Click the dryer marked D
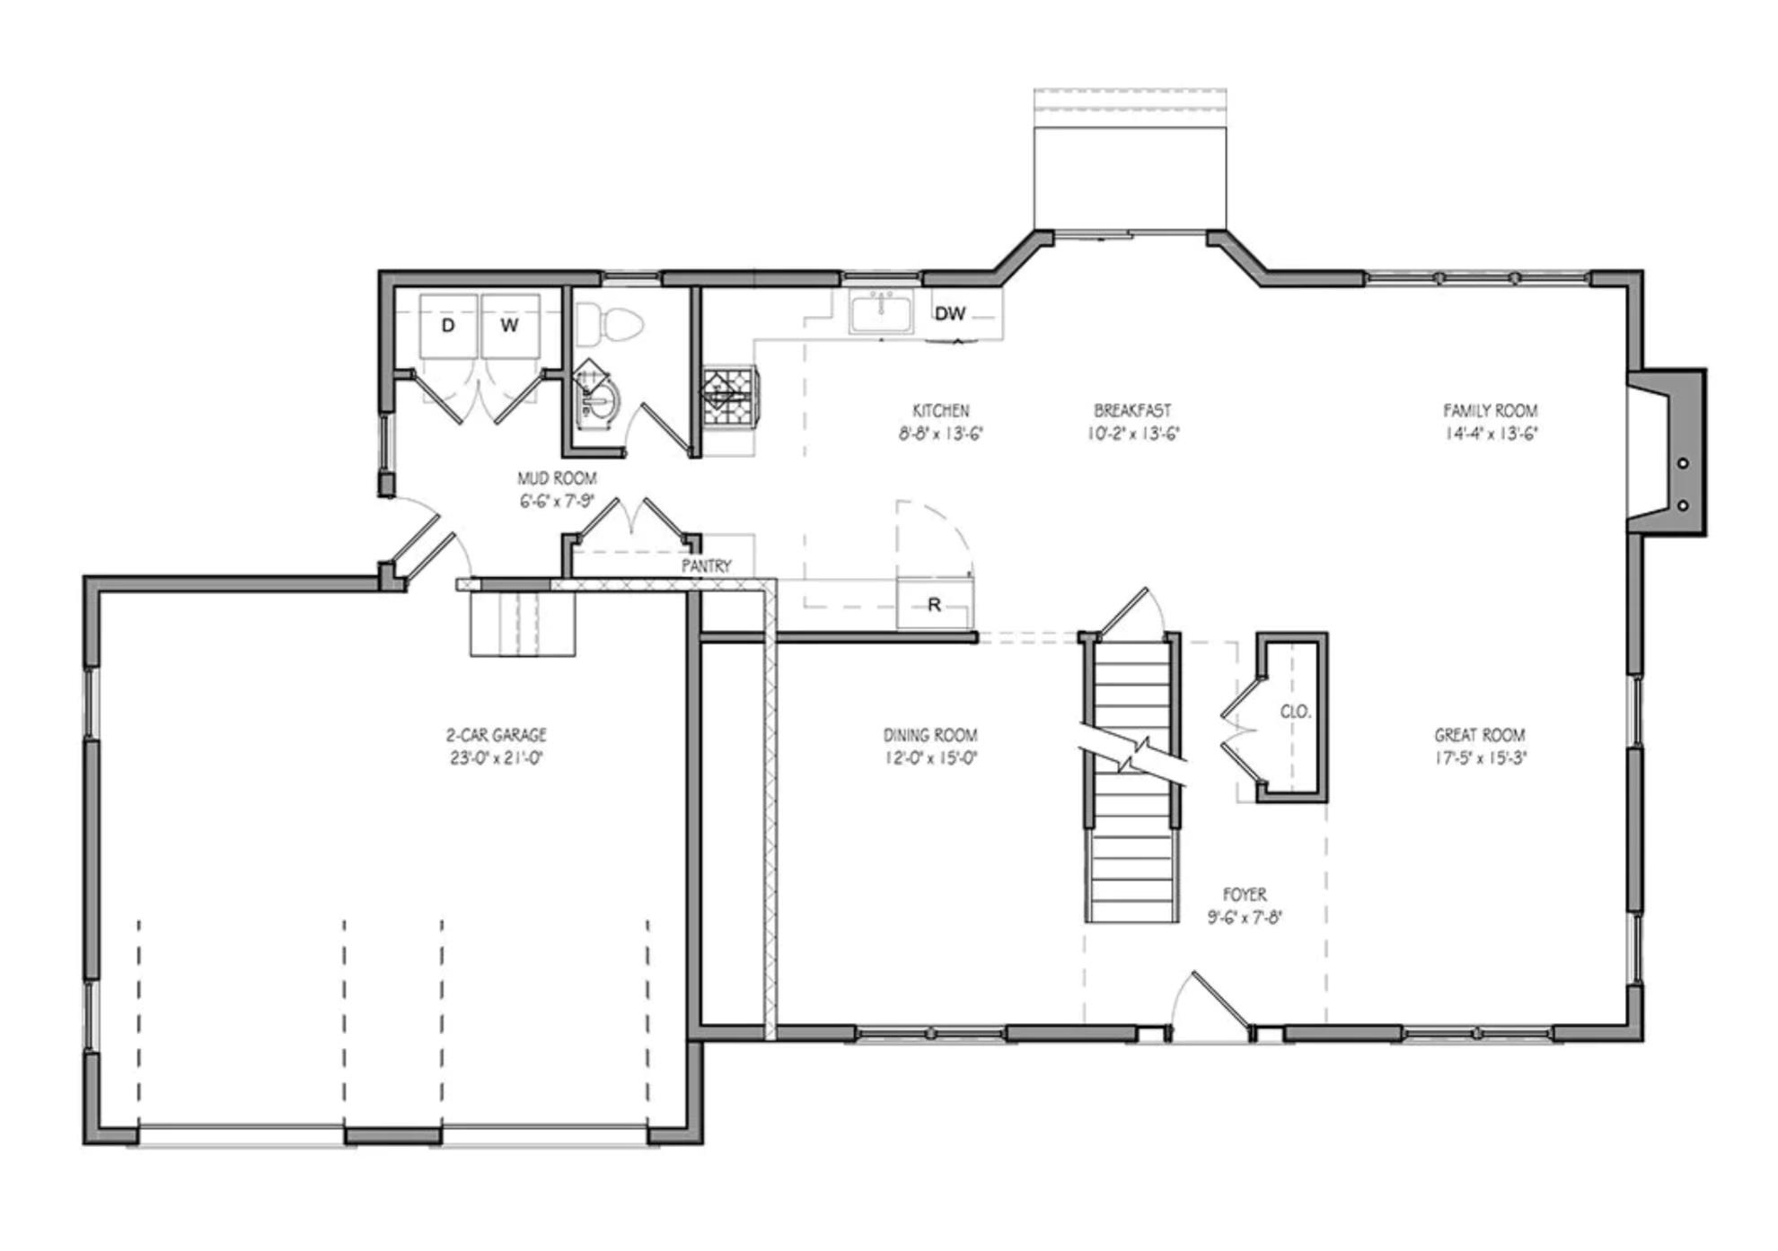coord(448,325)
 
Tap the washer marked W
coord(510,325)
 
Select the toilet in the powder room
coord(611,324)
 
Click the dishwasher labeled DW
coord(951,313)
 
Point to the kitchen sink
coord(881,313)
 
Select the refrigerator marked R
coord(934,605)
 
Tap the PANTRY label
coord(706,566)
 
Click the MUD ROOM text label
coord(557,478)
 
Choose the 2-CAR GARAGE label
coord(497,735)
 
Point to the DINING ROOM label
coord(930,735)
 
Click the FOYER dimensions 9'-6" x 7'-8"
coord(1245,918)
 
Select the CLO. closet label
coord(1296,712)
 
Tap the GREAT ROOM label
coord(1480,735)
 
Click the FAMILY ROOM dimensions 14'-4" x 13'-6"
coord(1491,434)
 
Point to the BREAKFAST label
coord(1132,411)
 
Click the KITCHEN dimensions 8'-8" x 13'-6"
coord(941,434)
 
